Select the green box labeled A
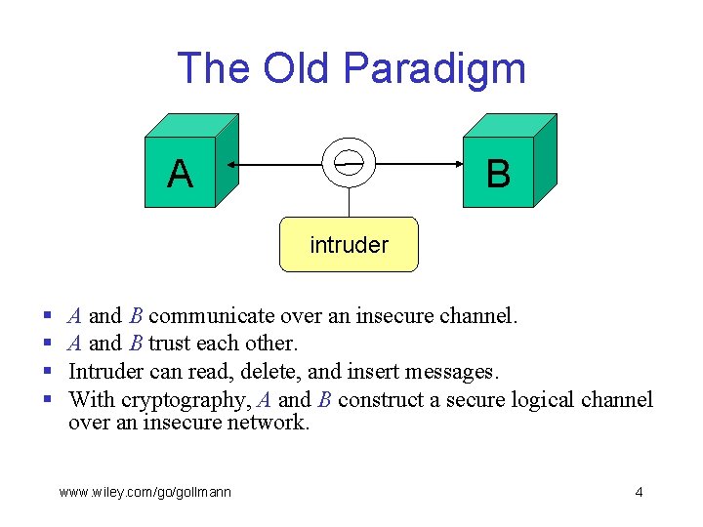(x=181, y=173)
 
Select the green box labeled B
(x=498, y=173)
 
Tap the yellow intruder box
(x=349, y=244)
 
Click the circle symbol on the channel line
(x=349, y=161)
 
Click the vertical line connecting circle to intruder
(x=349, y=200)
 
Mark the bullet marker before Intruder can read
(x=48, y=373)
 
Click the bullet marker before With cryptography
(x=48, y=400)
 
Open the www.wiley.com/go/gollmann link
(x=145, y=492)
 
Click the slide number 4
(x=639, y=492)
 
